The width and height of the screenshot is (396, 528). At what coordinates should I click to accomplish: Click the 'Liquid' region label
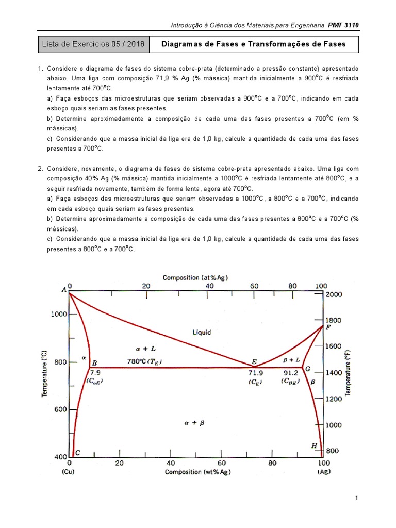202,333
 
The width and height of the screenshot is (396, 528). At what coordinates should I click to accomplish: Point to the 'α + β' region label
194,422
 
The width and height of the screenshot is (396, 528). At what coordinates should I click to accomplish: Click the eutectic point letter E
254,361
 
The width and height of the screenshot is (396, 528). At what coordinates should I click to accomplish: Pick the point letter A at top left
64,290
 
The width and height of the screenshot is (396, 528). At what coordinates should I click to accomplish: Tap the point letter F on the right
328,327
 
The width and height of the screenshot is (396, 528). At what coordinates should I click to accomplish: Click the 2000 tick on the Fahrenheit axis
334,294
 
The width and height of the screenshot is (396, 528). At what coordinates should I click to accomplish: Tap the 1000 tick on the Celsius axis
58,314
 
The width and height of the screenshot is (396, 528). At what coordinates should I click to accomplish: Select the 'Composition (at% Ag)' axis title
195,277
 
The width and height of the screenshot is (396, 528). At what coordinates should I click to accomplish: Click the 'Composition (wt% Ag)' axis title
197,472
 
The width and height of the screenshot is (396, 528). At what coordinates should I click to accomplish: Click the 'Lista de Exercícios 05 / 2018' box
93,44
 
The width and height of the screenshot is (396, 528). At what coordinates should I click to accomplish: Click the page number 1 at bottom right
356,498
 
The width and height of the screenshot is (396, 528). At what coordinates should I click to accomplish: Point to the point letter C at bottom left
77,453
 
